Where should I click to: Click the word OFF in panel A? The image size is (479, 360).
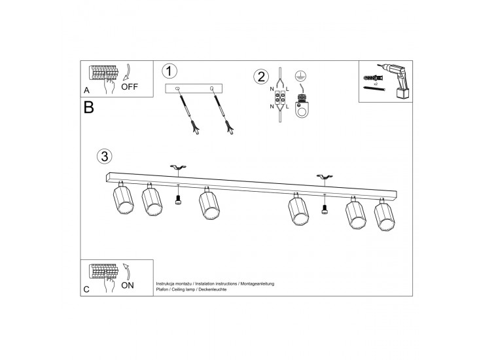point(130,87)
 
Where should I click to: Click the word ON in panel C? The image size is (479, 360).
point(128,285)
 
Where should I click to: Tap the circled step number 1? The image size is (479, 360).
point(169,71)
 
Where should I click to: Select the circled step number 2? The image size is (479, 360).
point(261,77)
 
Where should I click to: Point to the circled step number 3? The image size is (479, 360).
point(105,156)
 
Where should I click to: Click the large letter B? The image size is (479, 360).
point(88,107)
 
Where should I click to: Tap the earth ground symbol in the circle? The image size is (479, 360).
point(300,76)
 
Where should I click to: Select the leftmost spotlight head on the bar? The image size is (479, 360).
point(124,198)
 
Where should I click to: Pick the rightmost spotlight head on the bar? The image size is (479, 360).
point(385,215)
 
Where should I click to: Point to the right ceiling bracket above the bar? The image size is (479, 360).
point(325,177)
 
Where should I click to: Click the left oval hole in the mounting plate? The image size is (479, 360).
point(177,88)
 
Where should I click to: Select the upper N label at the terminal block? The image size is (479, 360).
point(272,89)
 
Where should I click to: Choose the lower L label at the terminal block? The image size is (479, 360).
point(287,107)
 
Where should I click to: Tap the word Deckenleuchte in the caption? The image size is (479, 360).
point(213,289)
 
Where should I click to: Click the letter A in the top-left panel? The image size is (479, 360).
point(87,90)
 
